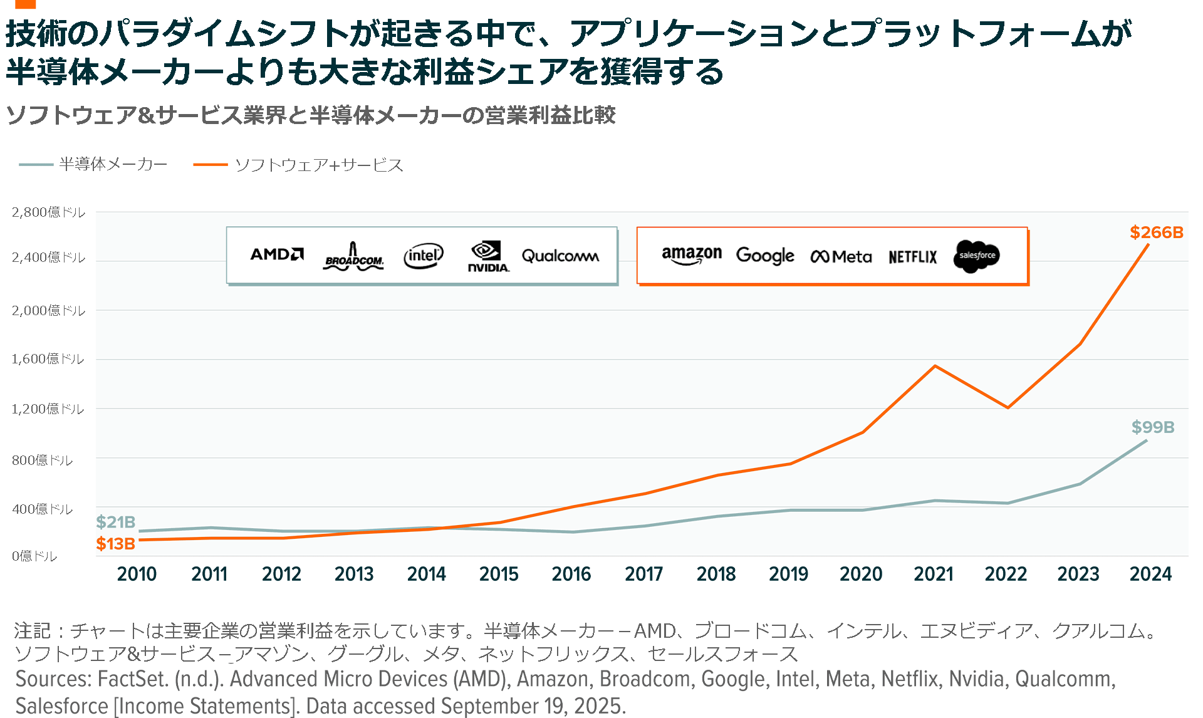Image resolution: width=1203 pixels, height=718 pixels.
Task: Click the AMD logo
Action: pos(277,254)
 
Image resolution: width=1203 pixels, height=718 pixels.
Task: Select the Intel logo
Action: pos(423,256)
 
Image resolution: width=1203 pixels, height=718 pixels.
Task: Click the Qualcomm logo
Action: pos(560,256)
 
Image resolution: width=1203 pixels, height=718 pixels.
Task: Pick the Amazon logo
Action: pos(692,255)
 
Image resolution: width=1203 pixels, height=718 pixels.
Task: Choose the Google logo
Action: pos(765,256)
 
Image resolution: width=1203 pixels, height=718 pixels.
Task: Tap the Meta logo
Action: pos(841,257)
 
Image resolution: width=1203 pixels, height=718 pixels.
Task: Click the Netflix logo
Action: pos(912,257)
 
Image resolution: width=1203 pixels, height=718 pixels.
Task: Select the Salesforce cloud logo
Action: pos(976,256)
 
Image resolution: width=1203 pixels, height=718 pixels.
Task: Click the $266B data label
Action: pos(1156,232)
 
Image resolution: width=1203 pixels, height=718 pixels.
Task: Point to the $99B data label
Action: pos(1152,427)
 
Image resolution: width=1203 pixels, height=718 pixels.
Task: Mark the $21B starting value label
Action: pos(116,522)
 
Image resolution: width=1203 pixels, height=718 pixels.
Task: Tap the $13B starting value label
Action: pos(116,544)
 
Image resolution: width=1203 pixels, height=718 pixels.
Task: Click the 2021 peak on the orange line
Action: pos(935,366)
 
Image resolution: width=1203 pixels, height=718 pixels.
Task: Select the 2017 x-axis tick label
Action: pos(643,574)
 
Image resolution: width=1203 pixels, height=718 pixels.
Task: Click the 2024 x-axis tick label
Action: pos(1150,574)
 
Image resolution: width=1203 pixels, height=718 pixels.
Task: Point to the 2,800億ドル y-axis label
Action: pos(48,212)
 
